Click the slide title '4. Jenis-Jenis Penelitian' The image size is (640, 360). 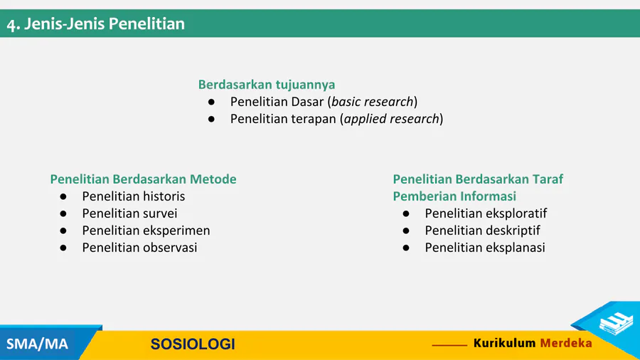click(x=96, y=24)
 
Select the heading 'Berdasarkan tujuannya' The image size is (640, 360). click(x=267, y=85)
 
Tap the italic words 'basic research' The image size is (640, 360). click(x=372, y=102)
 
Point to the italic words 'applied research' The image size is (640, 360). click(x=391, y=119)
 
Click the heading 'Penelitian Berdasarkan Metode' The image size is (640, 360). click(x=143, y=179)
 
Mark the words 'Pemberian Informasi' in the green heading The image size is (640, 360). click(x=454, y=196)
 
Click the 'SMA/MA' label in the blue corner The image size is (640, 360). click(x=37, y=344)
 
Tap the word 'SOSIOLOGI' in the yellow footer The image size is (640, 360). click(x=193, y=344)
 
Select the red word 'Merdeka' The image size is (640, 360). click(x=566, y=343)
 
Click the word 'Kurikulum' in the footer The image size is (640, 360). click(x=504, y=343)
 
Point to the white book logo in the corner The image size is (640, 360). click(x=616, y=322)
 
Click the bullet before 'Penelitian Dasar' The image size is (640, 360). click(x=211, y=102)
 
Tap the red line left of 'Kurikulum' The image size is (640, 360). click(x=449, y=345)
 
